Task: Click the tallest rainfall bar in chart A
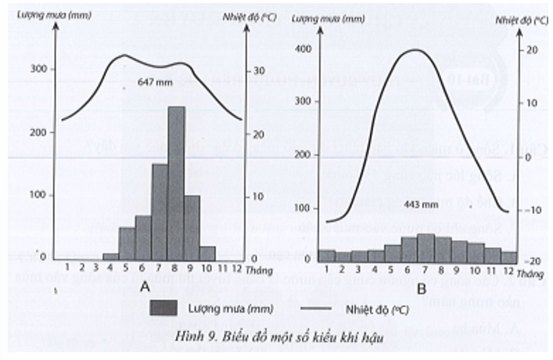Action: click(177, 184)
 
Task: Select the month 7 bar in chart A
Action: click(160, 211)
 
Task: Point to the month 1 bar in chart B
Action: click(328, 256)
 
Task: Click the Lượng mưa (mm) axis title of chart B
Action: click(327, 17)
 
